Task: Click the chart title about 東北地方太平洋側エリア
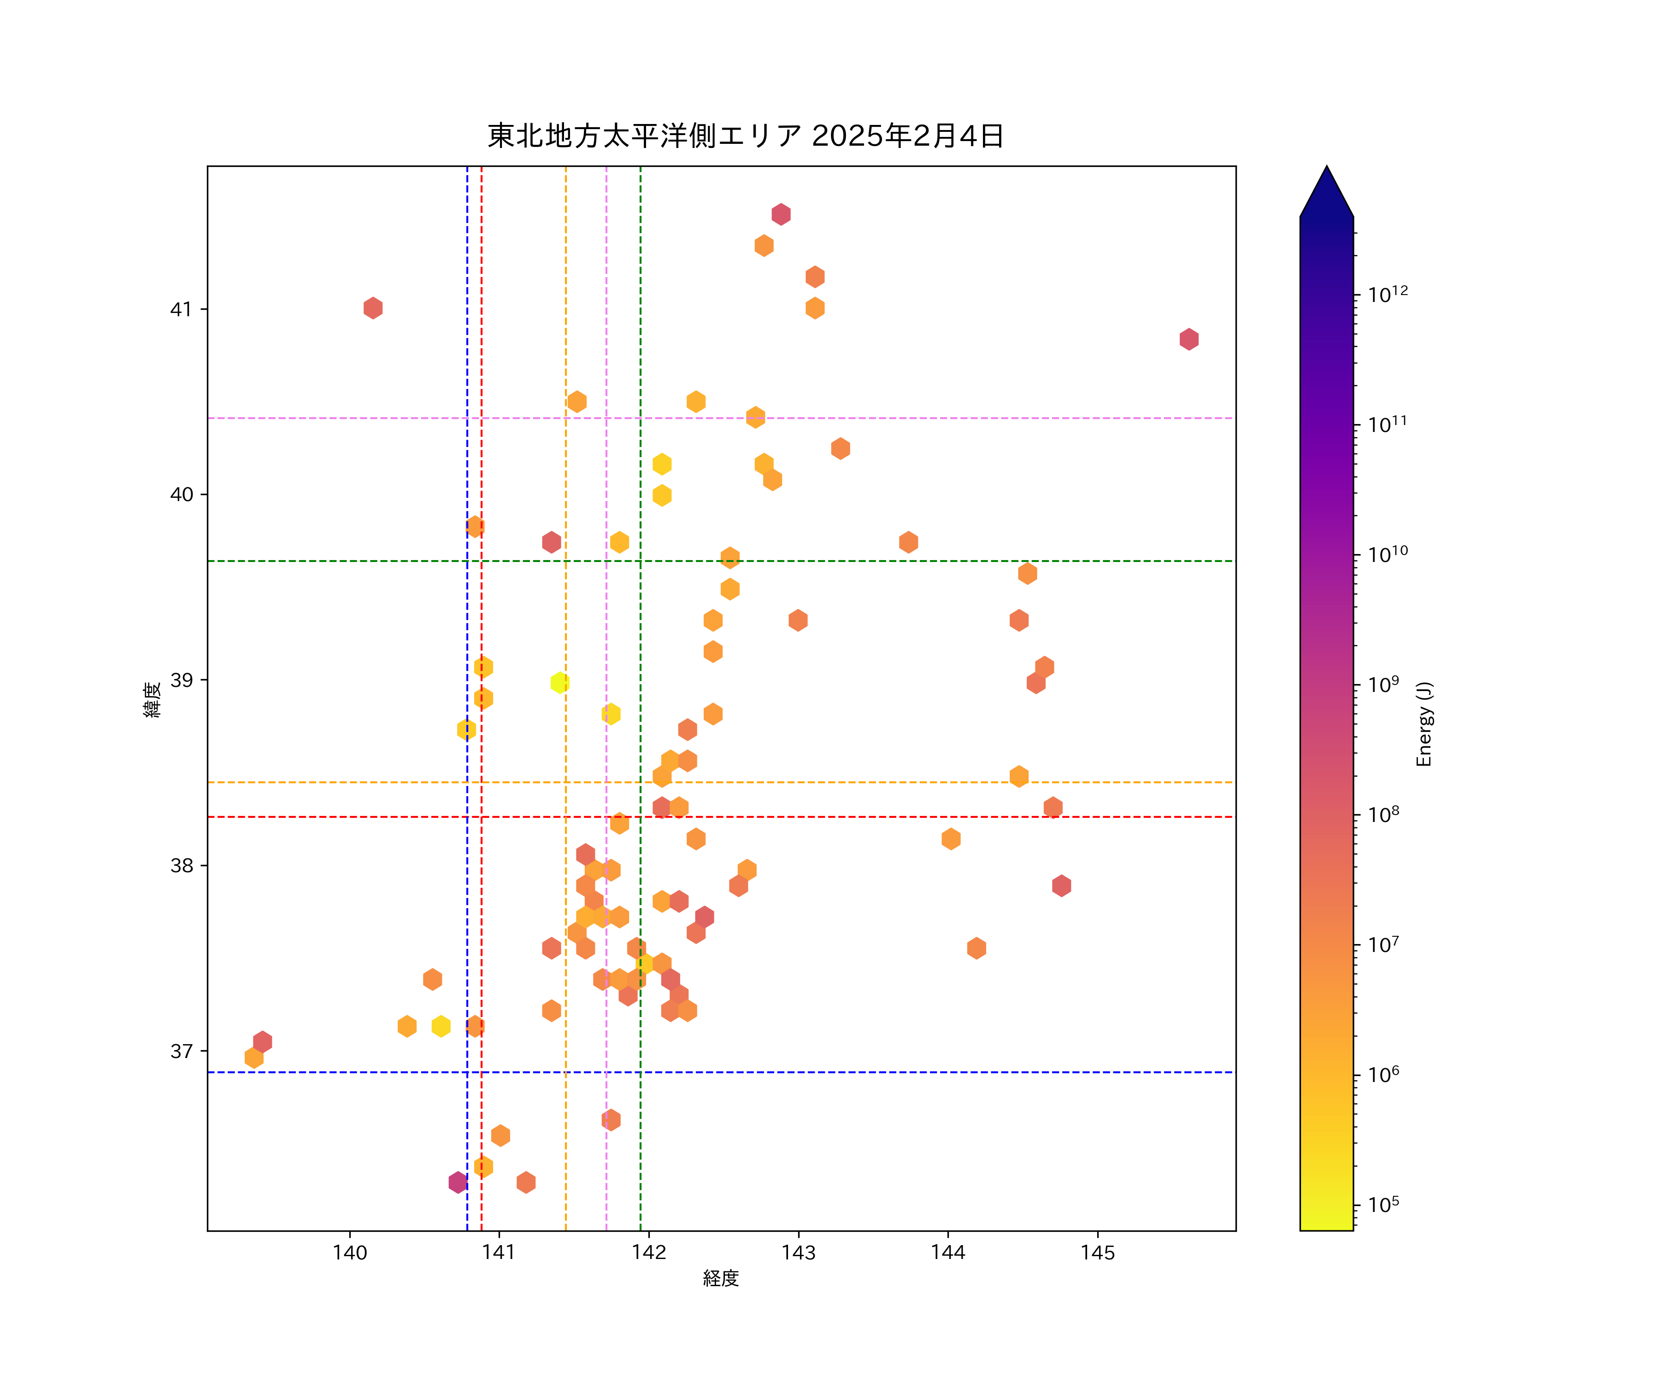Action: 745,136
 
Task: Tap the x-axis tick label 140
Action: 350,1253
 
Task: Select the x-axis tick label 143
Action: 799,1253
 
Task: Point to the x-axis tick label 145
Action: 1097,1253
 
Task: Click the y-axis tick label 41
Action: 181,309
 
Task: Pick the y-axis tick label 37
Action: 181,1051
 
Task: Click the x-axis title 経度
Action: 720,1279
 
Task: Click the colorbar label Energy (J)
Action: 1424,724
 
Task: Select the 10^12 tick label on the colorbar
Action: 1388,295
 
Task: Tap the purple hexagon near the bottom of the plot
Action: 458,1182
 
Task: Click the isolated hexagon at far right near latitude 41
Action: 1189,339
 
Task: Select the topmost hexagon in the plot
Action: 781,214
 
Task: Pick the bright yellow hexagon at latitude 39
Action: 560,683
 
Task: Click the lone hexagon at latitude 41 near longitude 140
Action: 373,308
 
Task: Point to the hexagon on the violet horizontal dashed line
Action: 755,417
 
